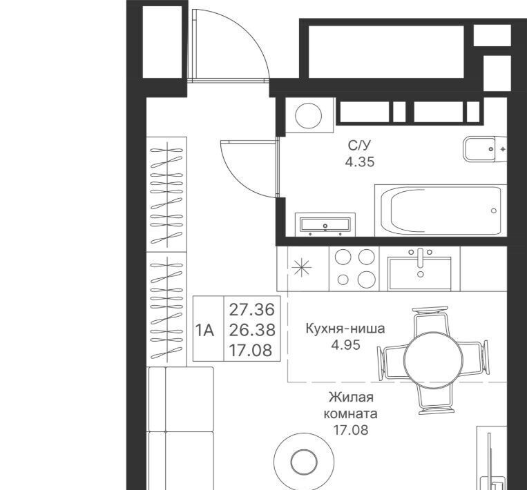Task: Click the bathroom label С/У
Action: click(x=359, y=146)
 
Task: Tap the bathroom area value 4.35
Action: click(x=360, y=162)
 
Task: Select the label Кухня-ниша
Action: click(x=345, y=328)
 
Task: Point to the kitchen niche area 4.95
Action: click(x=345, y=344)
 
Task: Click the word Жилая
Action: click(x=352, y=397)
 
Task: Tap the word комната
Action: click(x=351, y=413)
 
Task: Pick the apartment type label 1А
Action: click(x=204, y=331)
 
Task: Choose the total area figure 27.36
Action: click(x=252, y=310)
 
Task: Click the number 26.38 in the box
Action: click(x=252, y=330)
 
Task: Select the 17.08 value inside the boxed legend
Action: click(x=251, y=351)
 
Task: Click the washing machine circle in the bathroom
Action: click(x=308, y=115)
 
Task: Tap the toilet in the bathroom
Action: click(x=484, y=149)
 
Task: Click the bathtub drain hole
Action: click(x=493, y=211)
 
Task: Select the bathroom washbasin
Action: click(x=325, y=224)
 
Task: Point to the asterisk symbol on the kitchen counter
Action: click(x=301, y=268)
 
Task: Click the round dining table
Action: click(x=433, y=360)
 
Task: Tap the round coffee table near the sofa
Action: click(x=304, y=462)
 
